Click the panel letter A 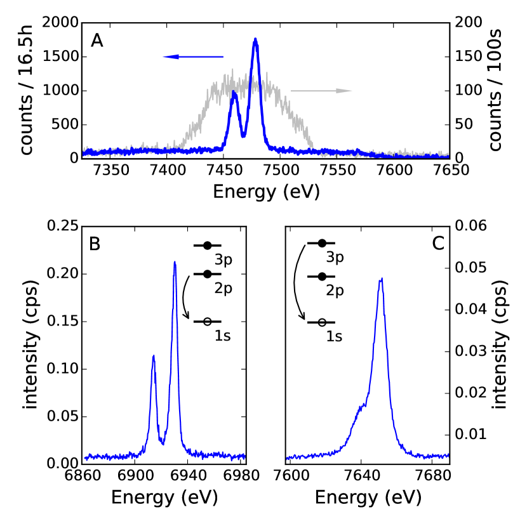(x=97, y=41)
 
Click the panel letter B (x=95, y=244)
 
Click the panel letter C (x=437, y=244)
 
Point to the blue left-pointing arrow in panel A (x=193, y=57)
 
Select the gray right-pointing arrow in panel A (x=321, y=91)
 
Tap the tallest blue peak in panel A (x=255, y=39)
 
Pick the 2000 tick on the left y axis (x=60, y=23)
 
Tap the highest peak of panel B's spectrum (x=175, y=262)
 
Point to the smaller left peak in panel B (x=153, y=356)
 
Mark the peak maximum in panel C (x=381, y=279)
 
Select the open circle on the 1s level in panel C (x=323, y=322)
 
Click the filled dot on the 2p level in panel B (x=208, y=274)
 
